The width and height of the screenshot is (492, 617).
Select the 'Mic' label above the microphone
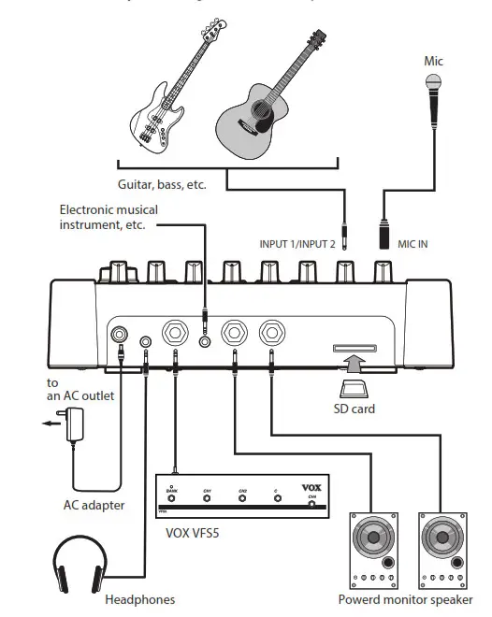(x=433, y=62)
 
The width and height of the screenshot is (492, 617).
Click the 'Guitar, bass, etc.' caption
(x=161, y=185)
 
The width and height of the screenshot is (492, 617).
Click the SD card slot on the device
(x=354, y=349)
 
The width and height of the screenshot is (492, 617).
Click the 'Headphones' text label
(x=139, y=599)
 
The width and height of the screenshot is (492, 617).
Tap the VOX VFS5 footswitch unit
(x=239, y=496)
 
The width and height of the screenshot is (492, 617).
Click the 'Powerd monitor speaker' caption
(x=405, y=599)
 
